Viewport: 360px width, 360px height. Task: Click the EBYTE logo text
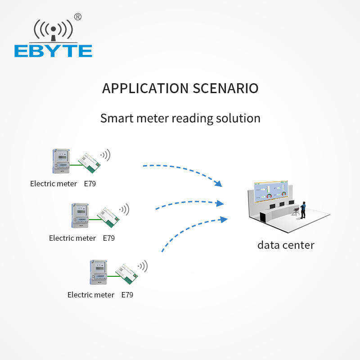(x=53, y=51)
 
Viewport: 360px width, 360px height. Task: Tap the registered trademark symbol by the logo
(x=78, y=17)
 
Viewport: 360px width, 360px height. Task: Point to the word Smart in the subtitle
(x=115, y=118)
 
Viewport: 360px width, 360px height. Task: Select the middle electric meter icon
(x=80, y=216)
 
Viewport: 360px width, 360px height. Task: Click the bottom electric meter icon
(x=98, y=272)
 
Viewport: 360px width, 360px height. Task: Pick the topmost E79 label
(x=90, y=184)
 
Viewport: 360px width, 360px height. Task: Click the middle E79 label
(x=109, y=238)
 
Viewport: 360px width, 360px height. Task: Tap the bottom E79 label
(x=127, y=295)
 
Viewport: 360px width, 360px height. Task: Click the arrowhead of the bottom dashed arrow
(x=224, y=219)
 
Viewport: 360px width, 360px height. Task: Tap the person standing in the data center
(x=303, y=209)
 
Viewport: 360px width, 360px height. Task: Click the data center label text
(x=286, y=245)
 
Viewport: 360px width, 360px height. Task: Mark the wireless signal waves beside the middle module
(x=124, y=209)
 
